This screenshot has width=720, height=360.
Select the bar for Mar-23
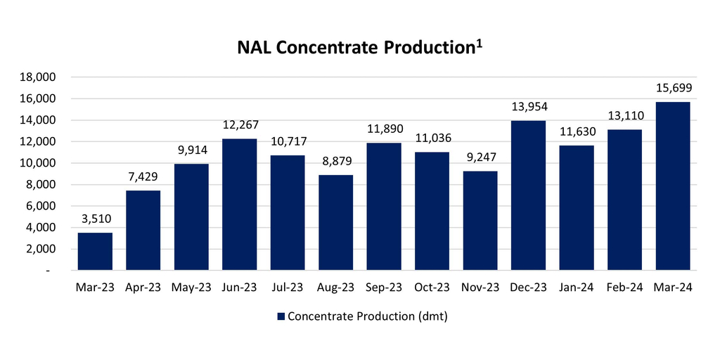[x=95, y=251]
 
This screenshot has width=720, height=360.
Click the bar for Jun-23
[x=239, y=204]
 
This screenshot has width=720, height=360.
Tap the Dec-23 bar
[x=528, y=195]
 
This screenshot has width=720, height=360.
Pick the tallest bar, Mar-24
[x=672, y=186]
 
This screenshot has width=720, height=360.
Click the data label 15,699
[x=672, y=88]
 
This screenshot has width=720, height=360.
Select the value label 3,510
[x=95, y=219]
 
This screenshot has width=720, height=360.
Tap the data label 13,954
[x=528, y=107]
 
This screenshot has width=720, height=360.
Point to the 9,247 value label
[x=480, y=157]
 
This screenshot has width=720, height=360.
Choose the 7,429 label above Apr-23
[x=143, y=176]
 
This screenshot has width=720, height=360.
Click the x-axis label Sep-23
[x=383, y=287]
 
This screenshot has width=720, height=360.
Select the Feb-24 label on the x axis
[x=624, y=287]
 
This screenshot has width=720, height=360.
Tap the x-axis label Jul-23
[x=288, y=287]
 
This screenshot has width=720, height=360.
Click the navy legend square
[x=281, y=316]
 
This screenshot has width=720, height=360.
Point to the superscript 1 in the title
[x=479, y=43]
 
